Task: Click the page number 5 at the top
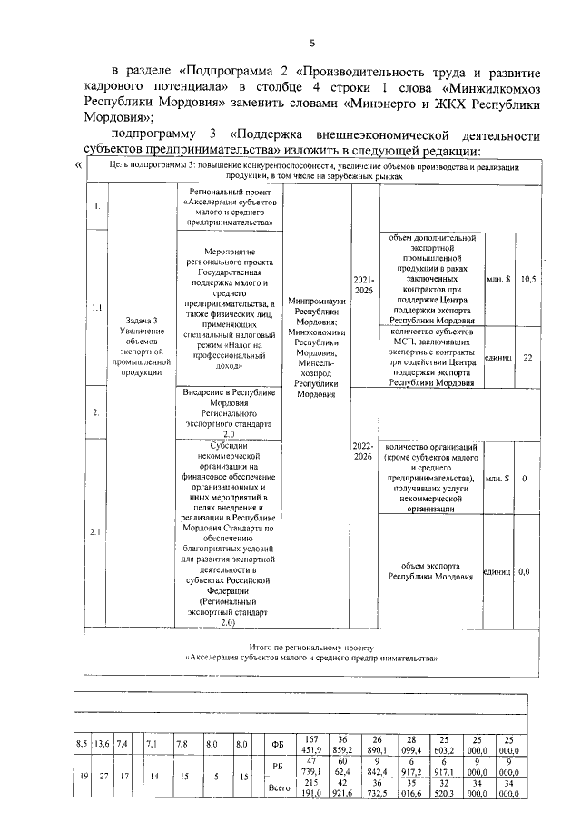[311, 43]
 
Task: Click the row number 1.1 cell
[97, 307]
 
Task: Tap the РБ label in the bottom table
[279, 768]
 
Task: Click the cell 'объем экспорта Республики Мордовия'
[431, 570]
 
